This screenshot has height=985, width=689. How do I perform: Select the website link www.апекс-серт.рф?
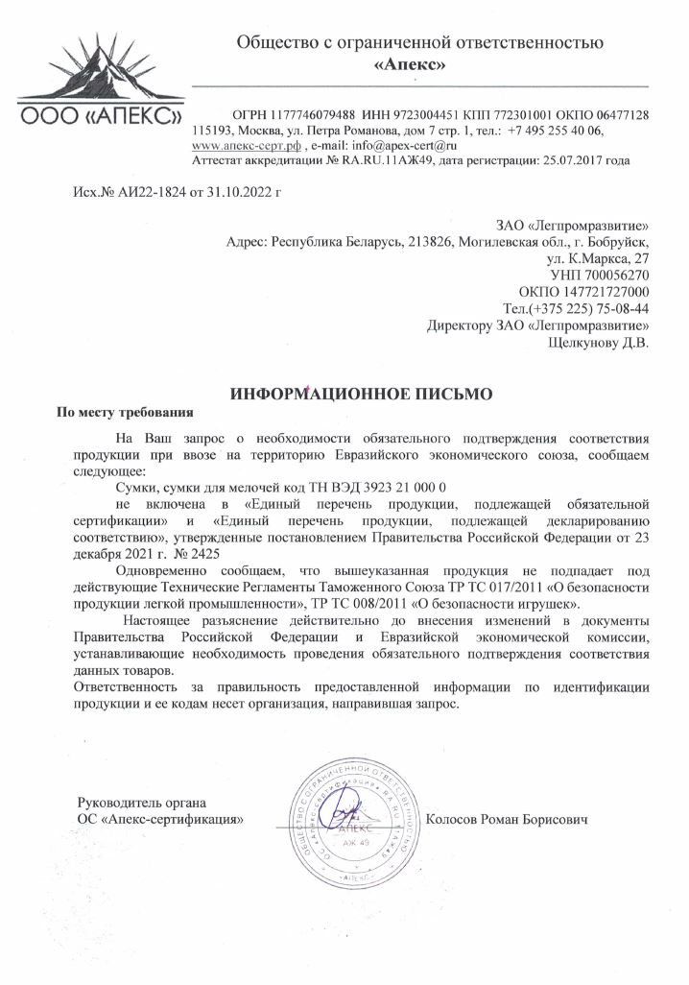tap(247, 145)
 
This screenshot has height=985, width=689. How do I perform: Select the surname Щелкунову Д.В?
tap(598, 341)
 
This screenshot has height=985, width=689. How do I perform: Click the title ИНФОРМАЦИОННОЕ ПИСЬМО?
tap(362, 394)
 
